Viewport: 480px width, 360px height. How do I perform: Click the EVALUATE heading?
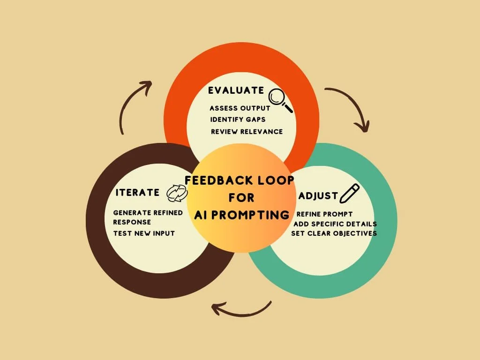tap(237, 90)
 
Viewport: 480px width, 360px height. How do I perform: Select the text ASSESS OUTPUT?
tap(240, 108)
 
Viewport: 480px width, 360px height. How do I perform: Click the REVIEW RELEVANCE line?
tap(247, 132)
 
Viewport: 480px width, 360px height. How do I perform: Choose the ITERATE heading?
tap(137, 192)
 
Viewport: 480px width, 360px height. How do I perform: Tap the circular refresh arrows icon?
tap(177, 192)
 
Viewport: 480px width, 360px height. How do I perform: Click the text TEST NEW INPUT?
tap(144, 233)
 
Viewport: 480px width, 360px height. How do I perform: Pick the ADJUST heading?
tap(318, 195)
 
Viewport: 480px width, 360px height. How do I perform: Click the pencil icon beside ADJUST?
tap(349, 193)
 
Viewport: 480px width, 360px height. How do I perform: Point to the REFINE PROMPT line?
tap(324, 214)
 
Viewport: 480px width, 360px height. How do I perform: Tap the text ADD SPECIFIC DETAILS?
tap(335, 224)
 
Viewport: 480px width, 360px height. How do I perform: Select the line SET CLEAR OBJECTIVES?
tap(334, 233)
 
